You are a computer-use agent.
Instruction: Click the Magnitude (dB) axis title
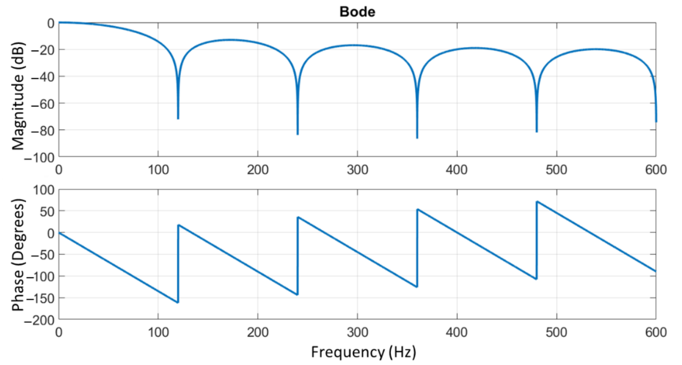click(x=18, y=96)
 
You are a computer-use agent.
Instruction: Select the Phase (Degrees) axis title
click(x=18, y=255)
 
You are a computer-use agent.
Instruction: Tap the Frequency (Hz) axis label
click(x=363, y=352)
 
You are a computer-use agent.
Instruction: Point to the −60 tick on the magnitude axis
click(x=43, y=104)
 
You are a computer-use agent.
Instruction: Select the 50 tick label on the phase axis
click(x=47, y=212)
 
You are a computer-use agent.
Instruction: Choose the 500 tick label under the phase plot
click(x=556, y=332)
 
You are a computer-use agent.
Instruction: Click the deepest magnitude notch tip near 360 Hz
click(x=417, y=138)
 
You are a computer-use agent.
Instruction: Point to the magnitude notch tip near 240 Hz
click(x=298, y=134)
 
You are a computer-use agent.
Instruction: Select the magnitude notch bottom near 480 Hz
click(x=537, y=132)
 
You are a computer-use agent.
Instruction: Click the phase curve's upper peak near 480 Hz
click(x=537, y=202)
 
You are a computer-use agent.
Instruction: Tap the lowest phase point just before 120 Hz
click(x=178, y=302)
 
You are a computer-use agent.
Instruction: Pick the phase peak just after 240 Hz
click(x=298, y=217)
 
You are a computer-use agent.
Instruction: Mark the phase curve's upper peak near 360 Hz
click(x=417, y=209)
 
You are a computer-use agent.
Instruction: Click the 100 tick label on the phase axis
click(x=43, y=190)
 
